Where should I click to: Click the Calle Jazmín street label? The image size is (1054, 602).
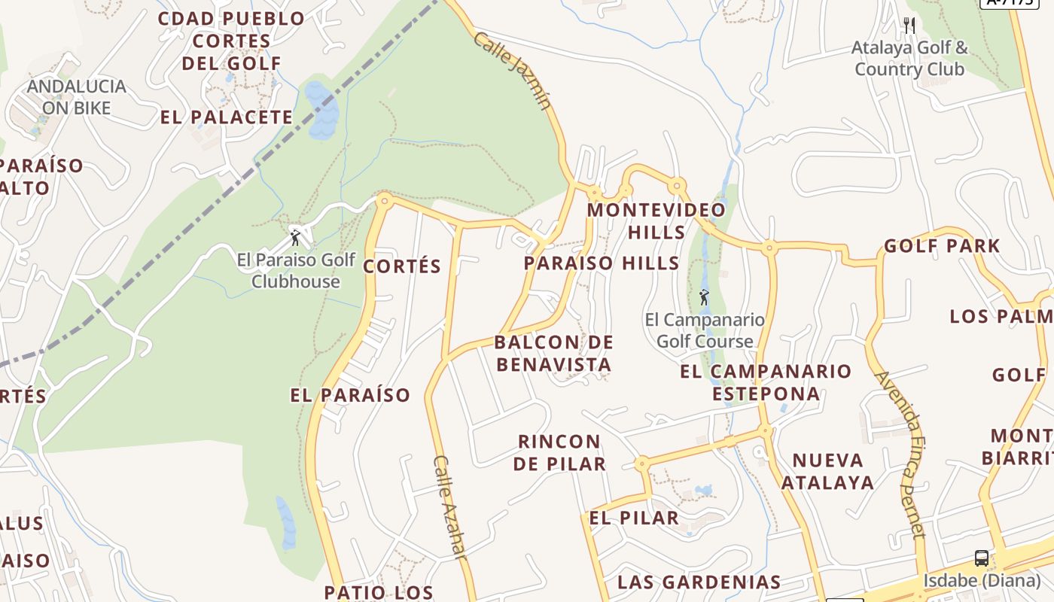(x=513, y=71)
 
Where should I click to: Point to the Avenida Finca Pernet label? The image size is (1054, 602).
(x=901, y=455)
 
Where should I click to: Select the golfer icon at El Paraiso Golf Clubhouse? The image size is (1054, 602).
(x=295, y=238)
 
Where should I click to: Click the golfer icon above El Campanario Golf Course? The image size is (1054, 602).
(x=704, y=297)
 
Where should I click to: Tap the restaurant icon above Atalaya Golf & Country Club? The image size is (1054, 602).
(x=909, y=25)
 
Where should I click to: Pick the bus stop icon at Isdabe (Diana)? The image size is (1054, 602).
(x=982, y=558)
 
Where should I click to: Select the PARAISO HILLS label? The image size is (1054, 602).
(x=602, y=263)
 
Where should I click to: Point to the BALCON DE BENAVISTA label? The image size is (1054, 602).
(x=553, y=354)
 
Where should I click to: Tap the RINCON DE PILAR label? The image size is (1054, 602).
(x=559, y=452)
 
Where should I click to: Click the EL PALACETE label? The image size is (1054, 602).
(x=227, y=117)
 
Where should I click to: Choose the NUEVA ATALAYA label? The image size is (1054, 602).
(x=827, y=471)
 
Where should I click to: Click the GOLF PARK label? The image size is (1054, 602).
(x=942, y=246)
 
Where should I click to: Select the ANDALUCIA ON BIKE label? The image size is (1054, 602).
(x=76, y=97)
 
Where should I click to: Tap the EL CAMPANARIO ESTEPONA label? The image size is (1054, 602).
(x=766, y=382)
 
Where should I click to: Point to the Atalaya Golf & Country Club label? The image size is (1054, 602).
(x=909, y=59)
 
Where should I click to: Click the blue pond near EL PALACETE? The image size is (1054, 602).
(x=321, y=110)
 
